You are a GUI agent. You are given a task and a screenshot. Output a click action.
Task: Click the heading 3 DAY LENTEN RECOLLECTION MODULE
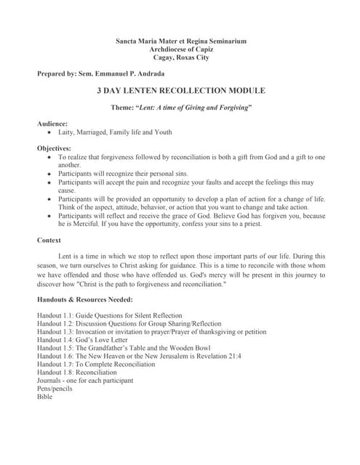[181, 91]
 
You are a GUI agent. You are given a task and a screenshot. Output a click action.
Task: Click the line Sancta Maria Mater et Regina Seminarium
[181, 41]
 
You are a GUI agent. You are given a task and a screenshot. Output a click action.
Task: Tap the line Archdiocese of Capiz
[181, 49]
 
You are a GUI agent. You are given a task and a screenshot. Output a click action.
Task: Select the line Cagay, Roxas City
[181, 57]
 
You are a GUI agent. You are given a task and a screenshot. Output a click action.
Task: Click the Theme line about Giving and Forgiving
[181, 108]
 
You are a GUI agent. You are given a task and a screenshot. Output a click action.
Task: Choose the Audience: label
[52, 124]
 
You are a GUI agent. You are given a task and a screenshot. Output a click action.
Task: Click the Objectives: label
[55, 148]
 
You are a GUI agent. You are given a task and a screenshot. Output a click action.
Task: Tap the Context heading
[49, 240]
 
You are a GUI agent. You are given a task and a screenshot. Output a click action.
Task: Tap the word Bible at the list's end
[44, 397]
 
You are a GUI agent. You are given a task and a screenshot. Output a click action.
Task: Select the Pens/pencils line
[55, 389]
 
